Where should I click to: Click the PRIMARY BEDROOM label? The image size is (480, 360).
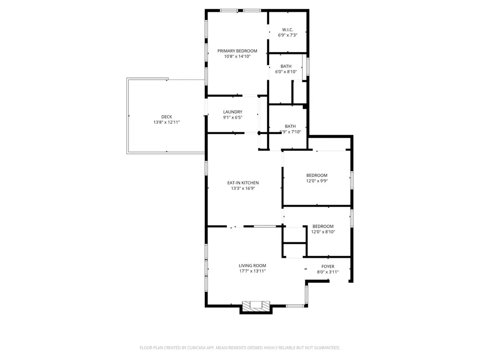(x=237, y=51)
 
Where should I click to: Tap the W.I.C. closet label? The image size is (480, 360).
(x=287, y=30)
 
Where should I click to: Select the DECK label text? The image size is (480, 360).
(x=166, y=117)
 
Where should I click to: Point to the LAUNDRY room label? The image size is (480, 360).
(x=232, y=112)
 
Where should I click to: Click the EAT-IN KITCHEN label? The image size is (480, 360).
(x=243, y=183)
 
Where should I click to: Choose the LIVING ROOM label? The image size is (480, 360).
(x=252, y=265)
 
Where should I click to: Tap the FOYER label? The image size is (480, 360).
(x=328, y=266)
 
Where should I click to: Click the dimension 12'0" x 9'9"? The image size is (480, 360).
(x=317, y=180)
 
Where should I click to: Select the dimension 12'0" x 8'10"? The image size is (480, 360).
(x=323, y=232)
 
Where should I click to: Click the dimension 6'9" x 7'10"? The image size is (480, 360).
(x=290, y=132)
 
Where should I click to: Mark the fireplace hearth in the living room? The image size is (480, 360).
(x=256, y=306)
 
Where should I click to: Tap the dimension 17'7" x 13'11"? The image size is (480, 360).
(x=252, y=271)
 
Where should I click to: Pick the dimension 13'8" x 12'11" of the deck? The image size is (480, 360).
(x=166, y=122)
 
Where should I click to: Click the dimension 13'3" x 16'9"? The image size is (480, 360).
(x=243, y=188)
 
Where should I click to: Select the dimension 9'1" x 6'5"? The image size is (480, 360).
(x=232, y=117)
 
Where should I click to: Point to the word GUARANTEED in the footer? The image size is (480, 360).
(x=324, y=348)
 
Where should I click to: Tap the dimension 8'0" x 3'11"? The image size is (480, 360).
(x=328, y=272)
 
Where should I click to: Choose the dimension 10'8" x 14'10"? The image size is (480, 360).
(x=237, y=56)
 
